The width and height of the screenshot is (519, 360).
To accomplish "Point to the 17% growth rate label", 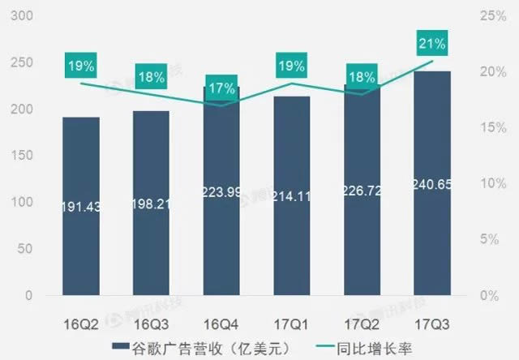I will point(221,88).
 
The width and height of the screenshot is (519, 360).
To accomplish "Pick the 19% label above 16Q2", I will point(82,66).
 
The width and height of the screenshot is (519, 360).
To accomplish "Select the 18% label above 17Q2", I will point(361,78).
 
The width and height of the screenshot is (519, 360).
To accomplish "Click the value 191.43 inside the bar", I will point(82,208).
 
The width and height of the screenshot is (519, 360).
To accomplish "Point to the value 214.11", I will point(291,195).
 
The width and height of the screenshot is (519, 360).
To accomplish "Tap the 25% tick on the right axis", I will point(489,16).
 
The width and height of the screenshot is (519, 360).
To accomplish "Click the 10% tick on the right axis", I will point(489,184).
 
